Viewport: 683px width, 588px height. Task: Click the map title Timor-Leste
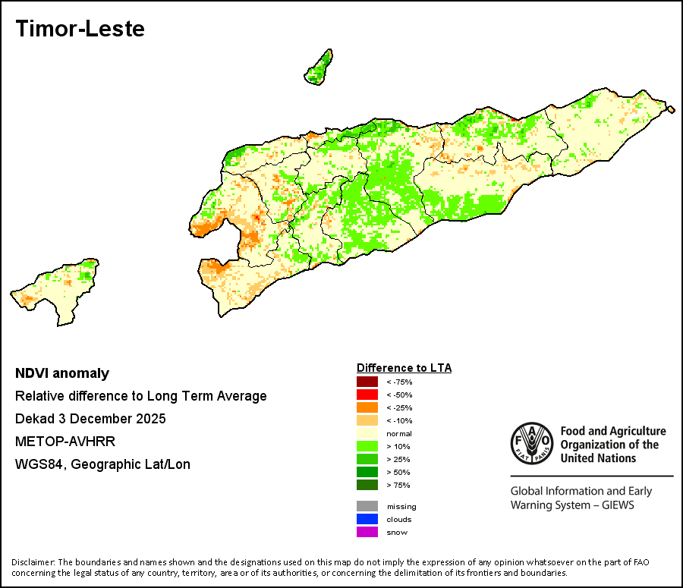[x=80, y=29]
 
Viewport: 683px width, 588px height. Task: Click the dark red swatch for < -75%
[x=367, y=382]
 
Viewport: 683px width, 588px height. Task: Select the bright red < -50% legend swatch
[x=367, y=395]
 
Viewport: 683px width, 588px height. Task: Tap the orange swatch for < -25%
[x=367, y=407]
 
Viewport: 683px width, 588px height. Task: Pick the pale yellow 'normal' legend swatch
[x=367, y=433]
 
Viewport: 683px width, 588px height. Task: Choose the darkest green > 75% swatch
[x=367, y=485]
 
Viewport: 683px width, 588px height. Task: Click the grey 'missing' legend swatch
[x=367, y=506]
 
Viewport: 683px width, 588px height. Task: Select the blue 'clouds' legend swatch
[x=367, y=519]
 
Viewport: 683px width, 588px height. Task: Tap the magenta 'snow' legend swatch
[x=367, y=532]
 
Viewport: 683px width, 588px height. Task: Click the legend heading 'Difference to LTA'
[x=404, y=368]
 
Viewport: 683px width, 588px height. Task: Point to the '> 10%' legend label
[x=398, y=446]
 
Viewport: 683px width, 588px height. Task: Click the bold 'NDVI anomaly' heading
[x=62, y=373]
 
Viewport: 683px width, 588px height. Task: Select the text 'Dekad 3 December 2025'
[x=90, y=419]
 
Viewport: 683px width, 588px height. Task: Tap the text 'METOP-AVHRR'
[x=65, y=442]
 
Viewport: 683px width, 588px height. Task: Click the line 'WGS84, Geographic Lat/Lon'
[x=102, y=464]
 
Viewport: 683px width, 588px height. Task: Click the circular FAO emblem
[x=532, y=443]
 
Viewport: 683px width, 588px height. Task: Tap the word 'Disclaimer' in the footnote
[x=33, y=562]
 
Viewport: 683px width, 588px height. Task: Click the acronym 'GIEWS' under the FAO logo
[x=618, y=505]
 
